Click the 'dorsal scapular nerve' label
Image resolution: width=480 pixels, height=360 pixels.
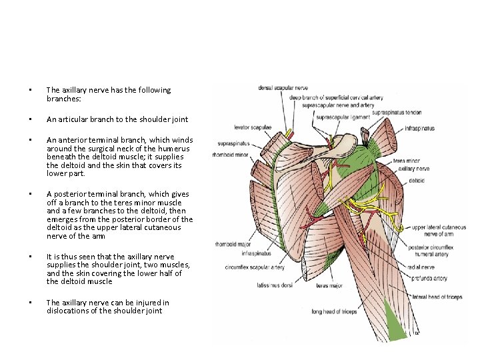pos(283,87)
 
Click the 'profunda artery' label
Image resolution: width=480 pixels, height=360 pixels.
pos(430,279)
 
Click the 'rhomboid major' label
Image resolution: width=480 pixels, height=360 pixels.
pos(231,244)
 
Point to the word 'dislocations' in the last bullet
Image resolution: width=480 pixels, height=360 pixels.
pos(69,310)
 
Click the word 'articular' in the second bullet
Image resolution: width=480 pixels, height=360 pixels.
pos(75,119)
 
